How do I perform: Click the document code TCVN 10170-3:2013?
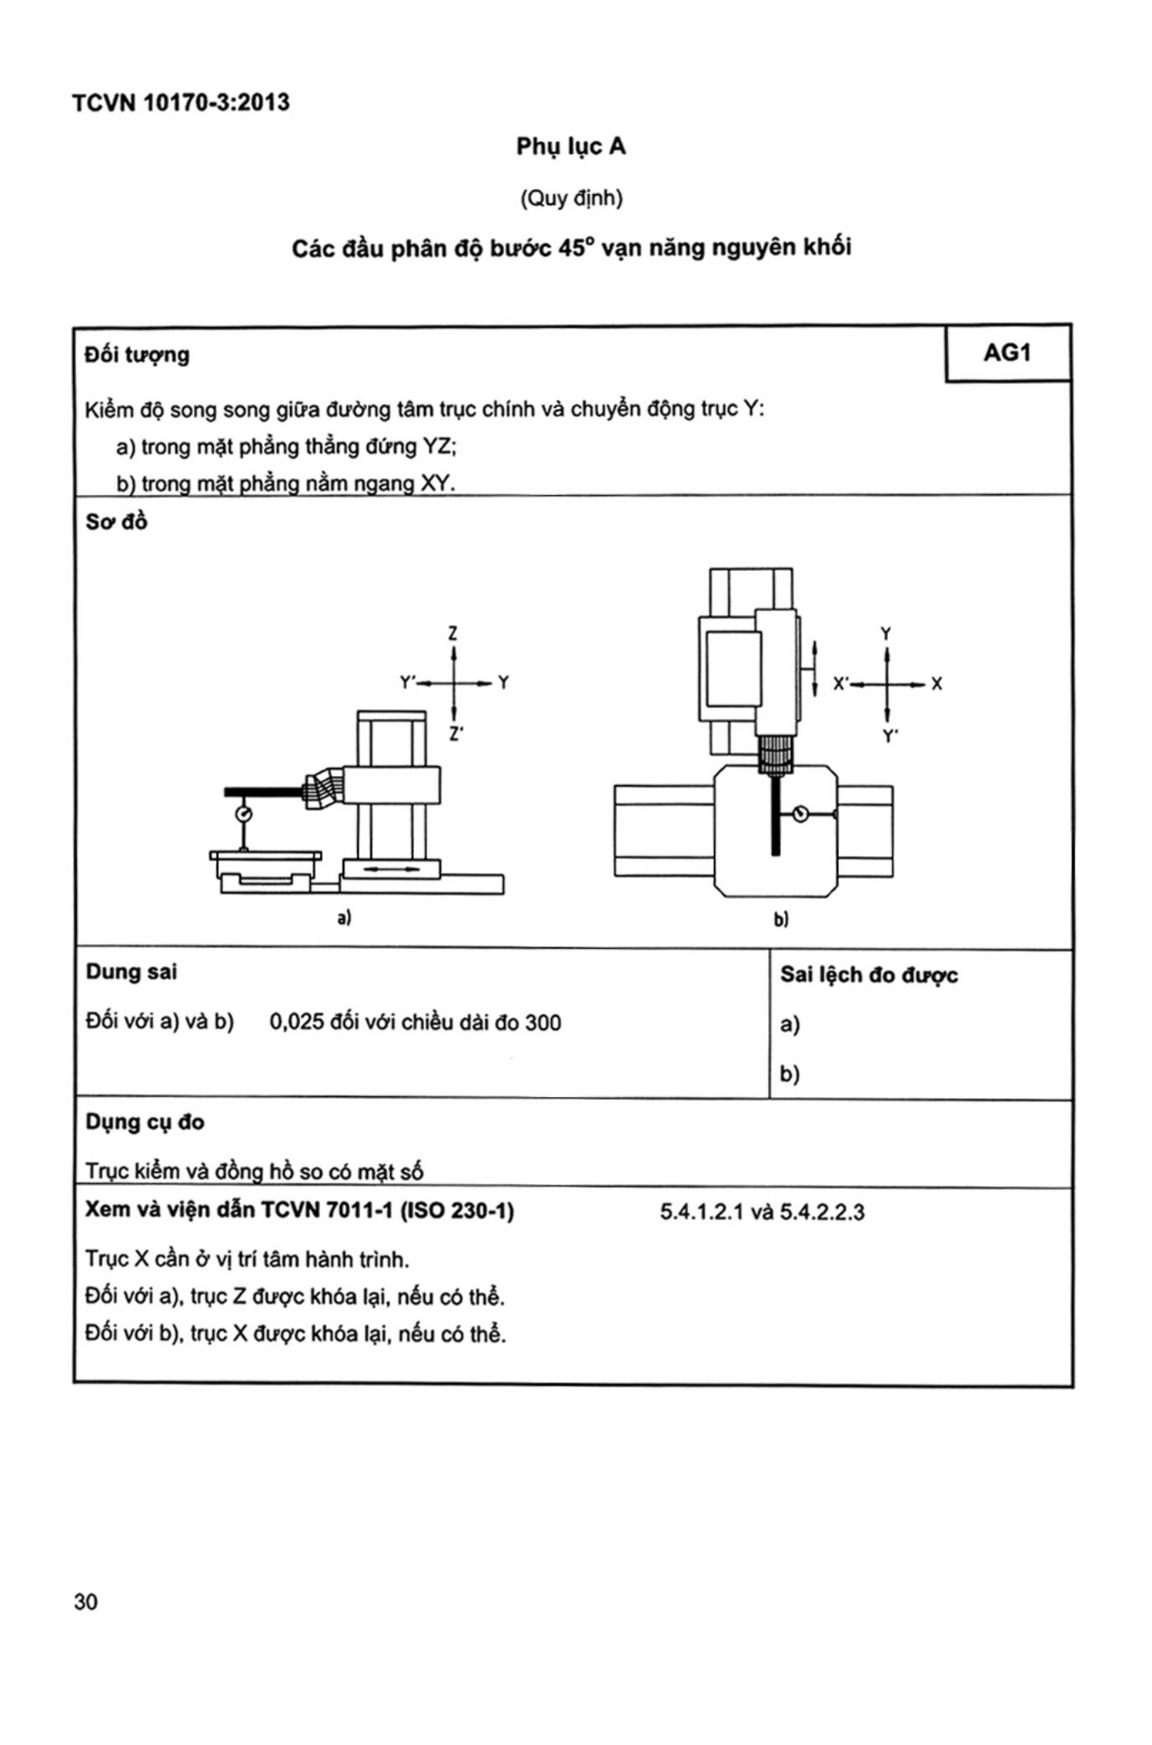tap(181, 103)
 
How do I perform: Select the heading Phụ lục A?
tap(570, 147)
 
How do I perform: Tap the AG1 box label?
tap(1007, 353)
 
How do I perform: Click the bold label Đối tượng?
tap(137, 355)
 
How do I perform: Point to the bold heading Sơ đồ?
tap(116, 522)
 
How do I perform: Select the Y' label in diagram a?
tap(408, 683)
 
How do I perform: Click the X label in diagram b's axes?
tap(936, 684)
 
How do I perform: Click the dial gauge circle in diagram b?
tap(800, 813)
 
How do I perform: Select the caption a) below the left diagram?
tap(344, 917)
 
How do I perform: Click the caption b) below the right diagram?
tap(780, 920)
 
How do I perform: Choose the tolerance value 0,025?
tap(296, 1022)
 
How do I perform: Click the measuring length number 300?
tap(543, 1022)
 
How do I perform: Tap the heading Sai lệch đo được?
tap(869, 975)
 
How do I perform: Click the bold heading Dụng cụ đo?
tap(145, 1121)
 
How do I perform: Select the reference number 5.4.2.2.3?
tap(822, 1212)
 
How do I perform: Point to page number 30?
tap(85, 1601)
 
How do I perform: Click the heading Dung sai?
tap(131, 972)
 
